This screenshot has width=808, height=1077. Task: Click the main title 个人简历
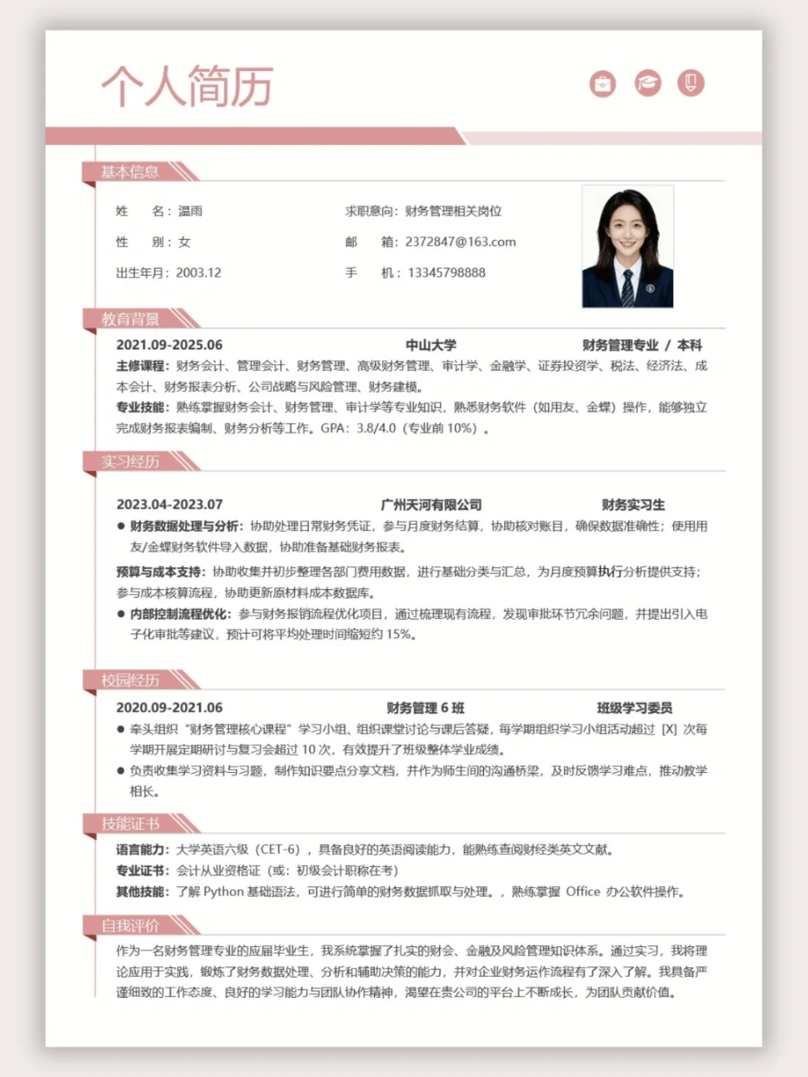tap(187, 86)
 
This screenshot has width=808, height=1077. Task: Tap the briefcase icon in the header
tap(602, 84)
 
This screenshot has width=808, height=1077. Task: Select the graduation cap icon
tap(648, 83)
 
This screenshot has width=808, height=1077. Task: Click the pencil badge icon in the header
tap(691, 82)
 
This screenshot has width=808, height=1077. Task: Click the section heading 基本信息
tap(130, 172)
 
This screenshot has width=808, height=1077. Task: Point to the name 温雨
tap(190, 211)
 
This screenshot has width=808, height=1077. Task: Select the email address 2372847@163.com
tap(460, 242)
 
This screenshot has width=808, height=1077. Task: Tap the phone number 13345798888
tap(446, 272)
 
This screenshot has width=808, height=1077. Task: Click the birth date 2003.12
tap(198, 272)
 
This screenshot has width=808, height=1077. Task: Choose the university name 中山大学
tap(431, 345)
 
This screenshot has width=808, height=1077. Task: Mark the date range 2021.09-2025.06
tap(169, 345)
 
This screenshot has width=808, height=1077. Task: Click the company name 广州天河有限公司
tap(431, 505)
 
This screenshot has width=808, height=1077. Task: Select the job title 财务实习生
tap(633, 505)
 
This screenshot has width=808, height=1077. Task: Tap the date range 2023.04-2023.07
tap(169, 505)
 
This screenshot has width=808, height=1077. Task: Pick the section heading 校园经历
tap(130, 680)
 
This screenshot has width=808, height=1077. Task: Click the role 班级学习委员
tap(634, 708)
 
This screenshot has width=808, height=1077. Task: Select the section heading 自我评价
tap(130, 926)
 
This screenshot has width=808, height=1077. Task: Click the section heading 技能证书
tap(130, 824)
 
